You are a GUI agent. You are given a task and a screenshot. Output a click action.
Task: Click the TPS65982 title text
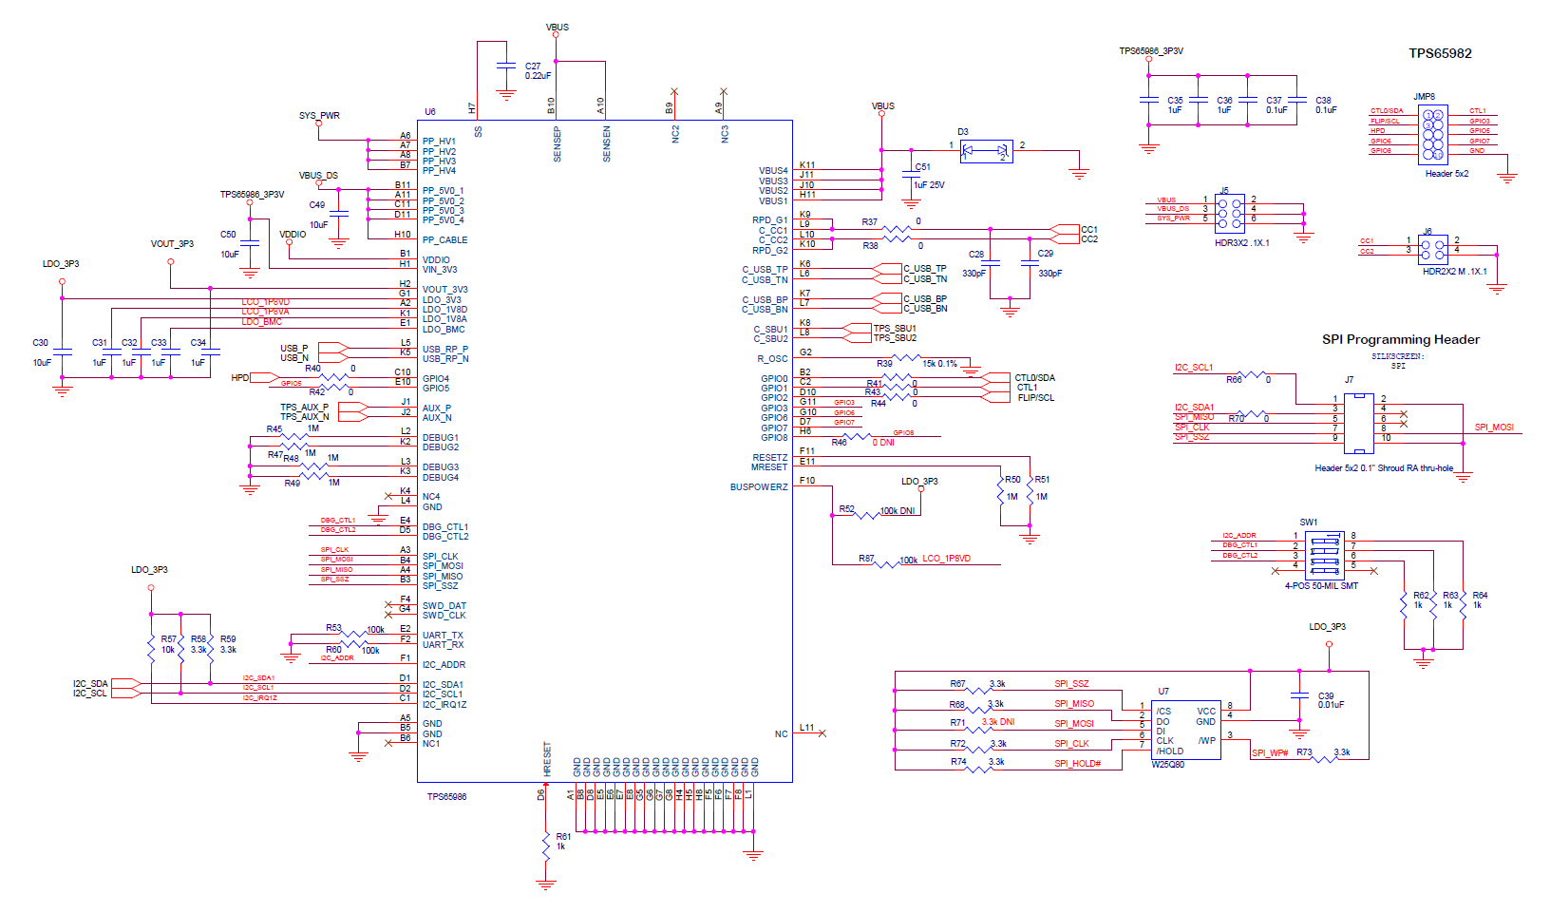(1440, 53)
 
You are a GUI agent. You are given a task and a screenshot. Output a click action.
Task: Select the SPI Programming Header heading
(1400, 339)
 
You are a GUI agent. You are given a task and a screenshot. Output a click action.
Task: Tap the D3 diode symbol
(987, 150)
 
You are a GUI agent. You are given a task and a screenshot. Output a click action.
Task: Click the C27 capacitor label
(533, 67)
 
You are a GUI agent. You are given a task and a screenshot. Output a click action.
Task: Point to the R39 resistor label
(884, 363)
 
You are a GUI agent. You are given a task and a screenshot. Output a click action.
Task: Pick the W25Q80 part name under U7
(1167, 764)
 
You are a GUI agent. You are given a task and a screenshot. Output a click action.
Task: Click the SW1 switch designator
(1308, 522)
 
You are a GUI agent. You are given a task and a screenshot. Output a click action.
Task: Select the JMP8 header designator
(1424, 97)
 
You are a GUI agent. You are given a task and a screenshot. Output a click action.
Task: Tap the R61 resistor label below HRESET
(563, 837)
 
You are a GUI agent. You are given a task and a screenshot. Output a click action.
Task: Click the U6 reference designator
(430, 112)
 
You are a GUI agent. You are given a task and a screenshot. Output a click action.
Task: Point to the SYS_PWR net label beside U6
(319, 116)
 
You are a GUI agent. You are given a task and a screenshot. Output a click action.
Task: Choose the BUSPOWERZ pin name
(758, 487)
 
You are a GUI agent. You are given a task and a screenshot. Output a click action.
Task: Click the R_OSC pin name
(772, 359)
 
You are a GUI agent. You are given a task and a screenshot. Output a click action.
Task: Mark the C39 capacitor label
(1326, 695)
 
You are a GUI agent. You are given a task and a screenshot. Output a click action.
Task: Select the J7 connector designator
(1349, 380)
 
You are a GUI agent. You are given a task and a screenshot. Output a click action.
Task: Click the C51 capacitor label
(922, 167)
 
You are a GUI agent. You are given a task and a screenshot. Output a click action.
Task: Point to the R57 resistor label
(168, 639)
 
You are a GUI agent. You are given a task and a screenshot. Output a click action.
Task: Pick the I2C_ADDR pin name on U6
(444, 665)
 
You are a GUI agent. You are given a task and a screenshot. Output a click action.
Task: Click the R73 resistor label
(1304, 752)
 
